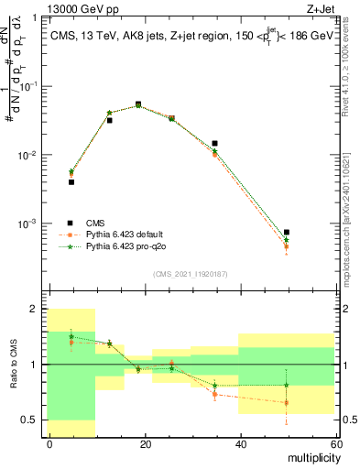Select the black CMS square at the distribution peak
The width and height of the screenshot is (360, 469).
pos(138,104)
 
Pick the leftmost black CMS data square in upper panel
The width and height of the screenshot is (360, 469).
pos(71,182)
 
